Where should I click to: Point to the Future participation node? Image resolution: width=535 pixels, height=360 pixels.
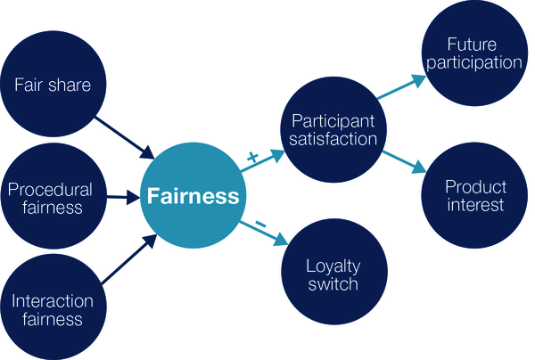[x=473, y=53]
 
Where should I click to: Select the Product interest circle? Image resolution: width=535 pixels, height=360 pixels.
[x=475, y=195]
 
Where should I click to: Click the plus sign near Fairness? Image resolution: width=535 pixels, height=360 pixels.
[x=251, y=158]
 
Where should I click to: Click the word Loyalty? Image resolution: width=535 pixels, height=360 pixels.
[x=332, y=266]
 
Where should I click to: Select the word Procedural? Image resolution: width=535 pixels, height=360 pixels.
[x=50, y=189]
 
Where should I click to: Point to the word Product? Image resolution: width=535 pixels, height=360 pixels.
[x=475, y=186]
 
